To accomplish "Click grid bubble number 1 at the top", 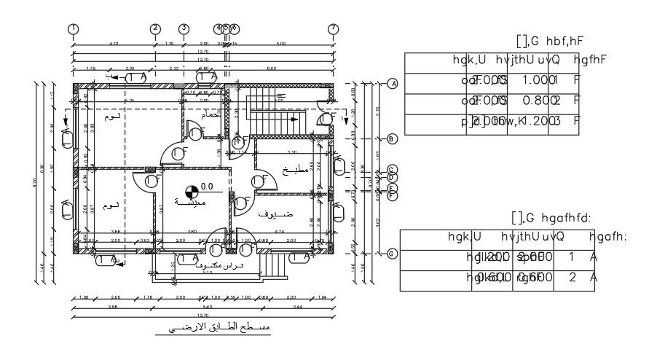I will [x=73, y=28].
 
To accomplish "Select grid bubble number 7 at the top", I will [x=333, y=28].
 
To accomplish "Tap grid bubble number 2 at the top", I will [x=155, y=28].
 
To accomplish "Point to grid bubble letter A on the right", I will [x=393, y=84].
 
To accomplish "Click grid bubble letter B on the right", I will [x=393, y=138].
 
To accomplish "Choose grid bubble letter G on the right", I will [x=393, y=254].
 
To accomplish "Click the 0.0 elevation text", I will [x=207, y=186].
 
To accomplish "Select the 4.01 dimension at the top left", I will [x=114, y=45].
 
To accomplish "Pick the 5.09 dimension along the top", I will [x=281, y=45].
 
